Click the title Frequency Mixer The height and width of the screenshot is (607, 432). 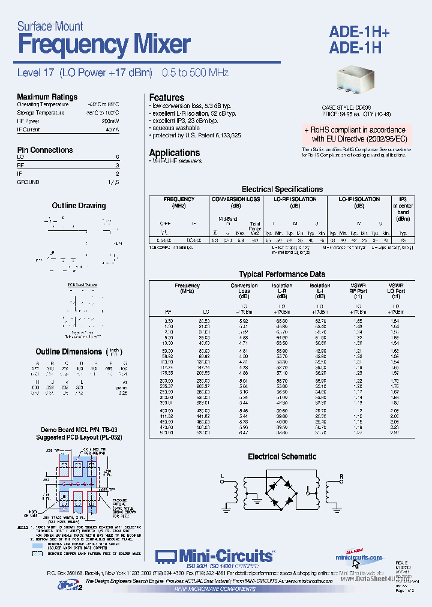(104, 45)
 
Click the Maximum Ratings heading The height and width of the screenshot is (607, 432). (47, 97)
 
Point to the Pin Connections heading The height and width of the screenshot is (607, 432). (45, 150)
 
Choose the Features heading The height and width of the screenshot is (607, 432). (167, 97)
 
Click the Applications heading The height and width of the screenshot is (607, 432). (174, 152)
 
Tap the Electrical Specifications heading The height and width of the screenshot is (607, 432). (282, 189)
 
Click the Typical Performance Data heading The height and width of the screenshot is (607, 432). (282, 274)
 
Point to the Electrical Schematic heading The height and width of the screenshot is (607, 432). (282, 456)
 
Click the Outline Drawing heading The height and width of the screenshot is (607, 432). (79, 206)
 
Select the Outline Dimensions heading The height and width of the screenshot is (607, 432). (69, 351)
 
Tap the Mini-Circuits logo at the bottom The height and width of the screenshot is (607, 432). (214, 557)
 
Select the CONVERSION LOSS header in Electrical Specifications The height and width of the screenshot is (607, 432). (236, 199)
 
